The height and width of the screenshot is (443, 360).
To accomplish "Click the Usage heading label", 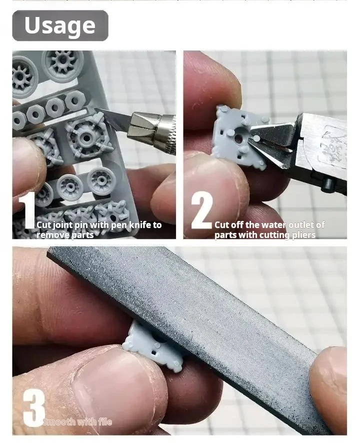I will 60,25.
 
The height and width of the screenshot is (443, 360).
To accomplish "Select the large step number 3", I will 33,407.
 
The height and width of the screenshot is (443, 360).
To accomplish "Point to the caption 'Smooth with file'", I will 77,422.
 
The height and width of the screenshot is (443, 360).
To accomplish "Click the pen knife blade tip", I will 98,110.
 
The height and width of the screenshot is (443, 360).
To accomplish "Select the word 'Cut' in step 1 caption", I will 43,225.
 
